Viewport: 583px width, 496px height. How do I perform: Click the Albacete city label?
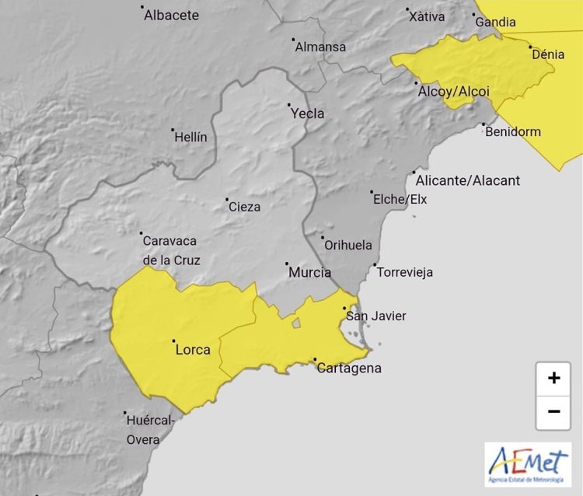(x=171, y=15)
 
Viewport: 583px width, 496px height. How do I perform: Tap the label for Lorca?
(x=193, y=350)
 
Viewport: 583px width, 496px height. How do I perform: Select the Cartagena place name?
(x=349, y=368)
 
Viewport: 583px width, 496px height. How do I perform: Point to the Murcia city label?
(x=309, y=272)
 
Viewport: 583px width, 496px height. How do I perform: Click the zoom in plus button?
(x=553, y=379)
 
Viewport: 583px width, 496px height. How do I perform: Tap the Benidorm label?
(x=512, y=131)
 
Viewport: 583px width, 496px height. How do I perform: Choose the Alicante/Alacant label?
(x=468, y=180)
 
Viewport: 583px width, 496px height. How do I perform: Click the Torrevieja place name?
(x=404, y=272)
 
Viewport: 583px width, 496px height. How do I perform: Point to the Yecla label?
(x=307, y=114)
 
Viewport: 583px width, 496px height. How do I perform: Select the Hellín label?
(x=191, y=137)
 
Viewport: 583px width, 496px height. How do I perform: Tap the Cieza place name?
(x=244, y=207)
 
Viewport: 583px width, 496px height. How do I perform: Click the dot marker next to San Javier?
(x=345, y=308)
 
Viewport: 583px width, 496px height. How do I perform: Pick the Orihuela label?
(x=348, y=245)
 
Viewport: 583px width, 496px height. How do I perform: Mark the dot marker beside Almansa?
(x=293, y=40)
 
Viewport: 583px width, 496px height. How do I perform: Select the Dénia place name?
(x=548, y=54)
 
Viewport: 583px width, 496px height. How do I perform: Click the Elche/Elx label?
(x=400, y=200)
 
